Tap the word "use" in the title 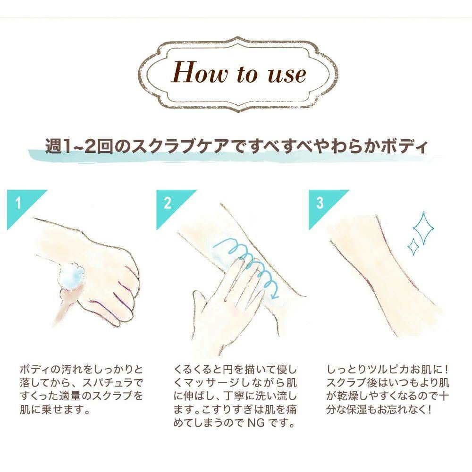(287, 74)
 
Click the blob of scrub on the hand (72, 275)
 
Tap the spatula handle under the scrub (67, 303)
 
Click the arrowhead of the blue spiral (274, 295)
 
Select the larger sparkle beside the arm (423, 228)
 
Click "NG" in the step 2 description (256, 423)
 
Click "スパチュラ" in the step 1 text (108, 383)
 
